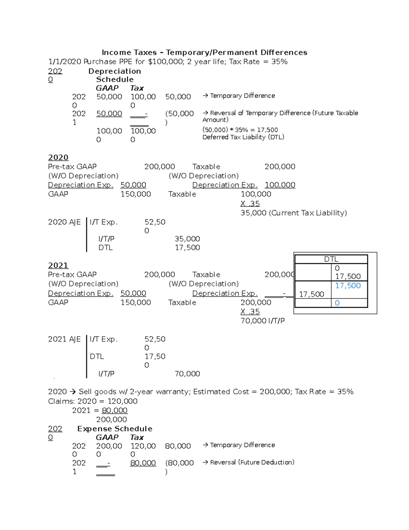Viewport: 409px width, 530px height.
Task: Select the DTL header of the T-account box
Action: [x=331, y=259]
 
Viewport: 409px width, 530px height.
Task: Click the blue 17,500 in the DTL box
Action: [x=348, y=286]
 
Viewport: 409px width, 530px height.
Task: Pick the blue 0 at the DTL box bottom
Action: [x=337, y=303]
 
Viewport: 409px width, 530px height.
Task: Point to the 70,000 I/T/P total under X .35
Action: [x=262, y=321]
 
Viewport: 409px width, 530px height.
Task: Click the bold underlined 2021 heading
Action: [x=58, y=266]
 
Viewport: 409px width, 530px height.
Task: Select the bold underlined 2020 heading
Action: [x=58, y=157]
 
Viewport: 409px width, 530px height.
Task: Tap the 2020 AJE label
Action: [x=64, y=222]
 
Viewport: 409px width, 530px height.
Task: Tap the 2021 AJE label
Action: [x=64, y=339]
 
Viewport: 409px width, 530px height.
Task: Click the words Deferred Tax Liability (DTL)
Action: [x=243, y=137]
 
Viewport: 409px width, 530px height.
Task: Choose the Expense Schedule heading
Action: [x=115, y=429]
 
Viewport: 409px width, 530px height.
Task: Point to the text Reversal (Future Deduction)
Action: [x=252, y=462]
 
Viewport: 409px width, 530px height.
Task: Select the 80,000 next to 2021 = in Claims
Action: [x=115, y=411]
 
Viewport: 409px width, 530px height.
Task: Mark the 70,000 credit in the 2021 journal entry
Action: [x=187, y=374]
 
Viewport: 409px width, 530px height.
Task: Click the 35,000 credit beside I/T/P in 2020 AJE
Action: [x=187, y=239]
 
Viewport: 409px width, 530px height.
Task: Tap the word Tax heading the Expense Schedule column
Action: [x=137, y=438]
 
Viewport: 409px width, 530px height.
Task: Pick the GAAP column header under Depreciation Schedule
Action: [x=107, y=88]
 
